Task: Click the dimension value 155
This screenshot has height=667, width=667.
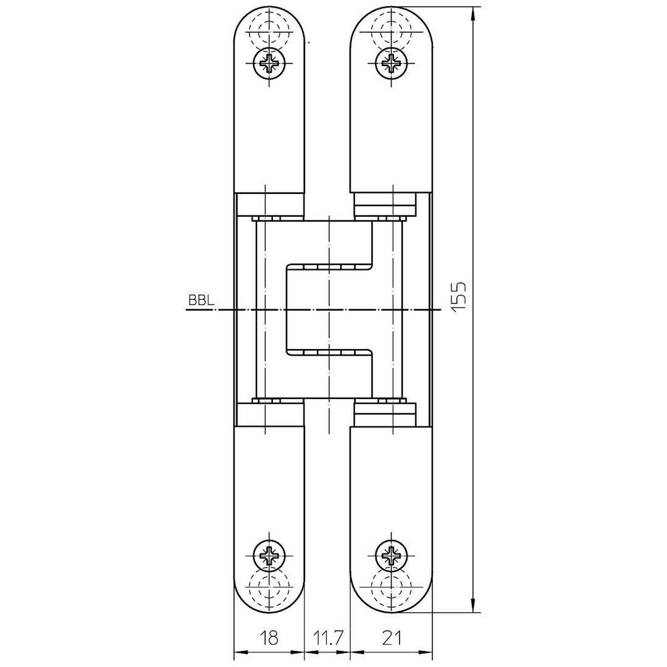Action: tap(460, 297)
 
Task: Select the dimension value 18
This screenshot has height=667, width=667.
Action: tap(270, 638)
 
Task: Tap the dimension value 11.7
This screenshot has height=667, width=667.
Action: tap(327, 638)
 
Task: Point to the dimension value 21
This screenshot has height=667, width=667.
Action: tap(392, 638)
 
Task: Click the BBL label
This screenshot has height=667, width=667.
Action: tap(201, 301)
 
